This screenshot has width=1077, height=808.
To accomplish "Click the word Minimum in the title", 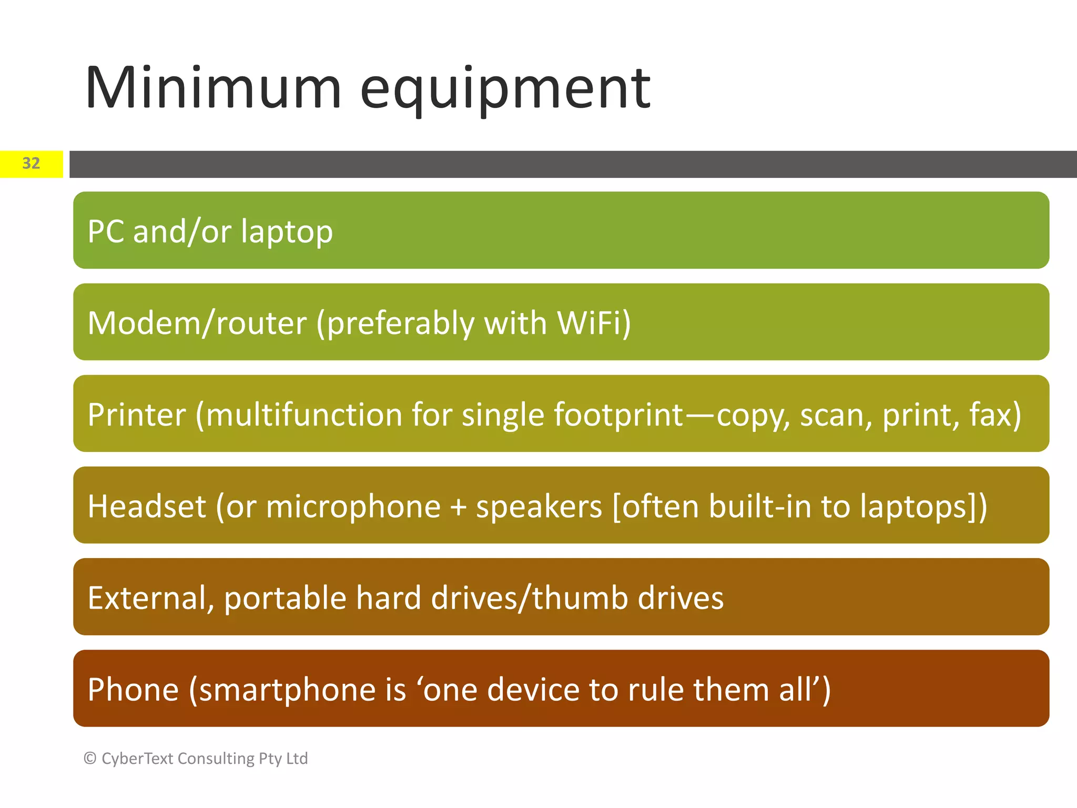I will [213, 88].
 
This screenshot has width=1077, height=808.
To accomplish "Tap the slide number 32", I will [31, 164].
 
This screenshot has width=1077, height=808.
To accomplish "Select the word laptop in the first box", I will [287, 232].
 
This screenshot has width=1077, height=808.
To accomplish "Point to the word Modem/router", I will [197, 323].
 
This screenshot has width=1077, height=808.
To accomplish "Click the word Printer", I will [137, 415].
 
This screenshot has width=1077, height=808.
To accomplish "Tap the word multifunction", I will [304, 415].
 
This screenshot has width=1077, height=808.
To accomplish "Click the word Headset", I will [147, 506].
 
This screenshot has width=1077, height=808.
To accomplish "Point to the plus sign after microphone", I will [458, 507].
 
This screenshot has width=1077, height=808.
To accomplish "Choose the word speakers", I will [538, 506].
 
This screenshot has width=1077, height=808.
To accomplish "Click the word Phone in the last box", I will [133, 690].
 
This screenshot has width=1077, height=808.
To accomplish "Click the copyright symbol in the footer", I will [90, 759].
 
